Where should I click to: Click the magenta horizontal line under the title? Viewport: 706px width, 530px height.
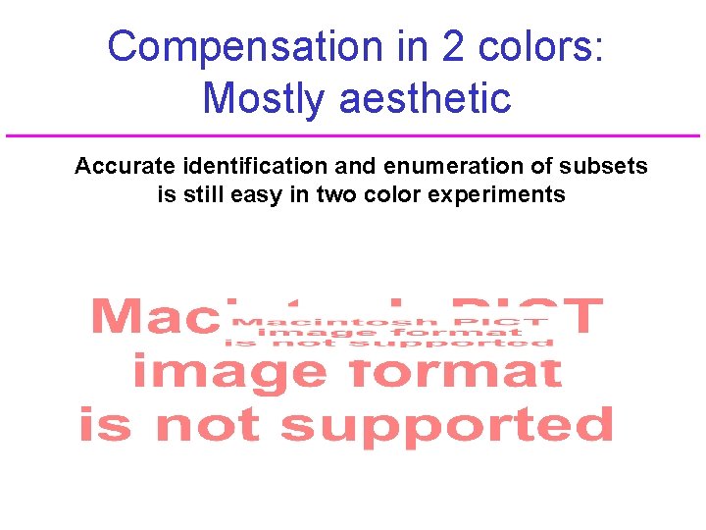pyautogui.click(x=353, y=135)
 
